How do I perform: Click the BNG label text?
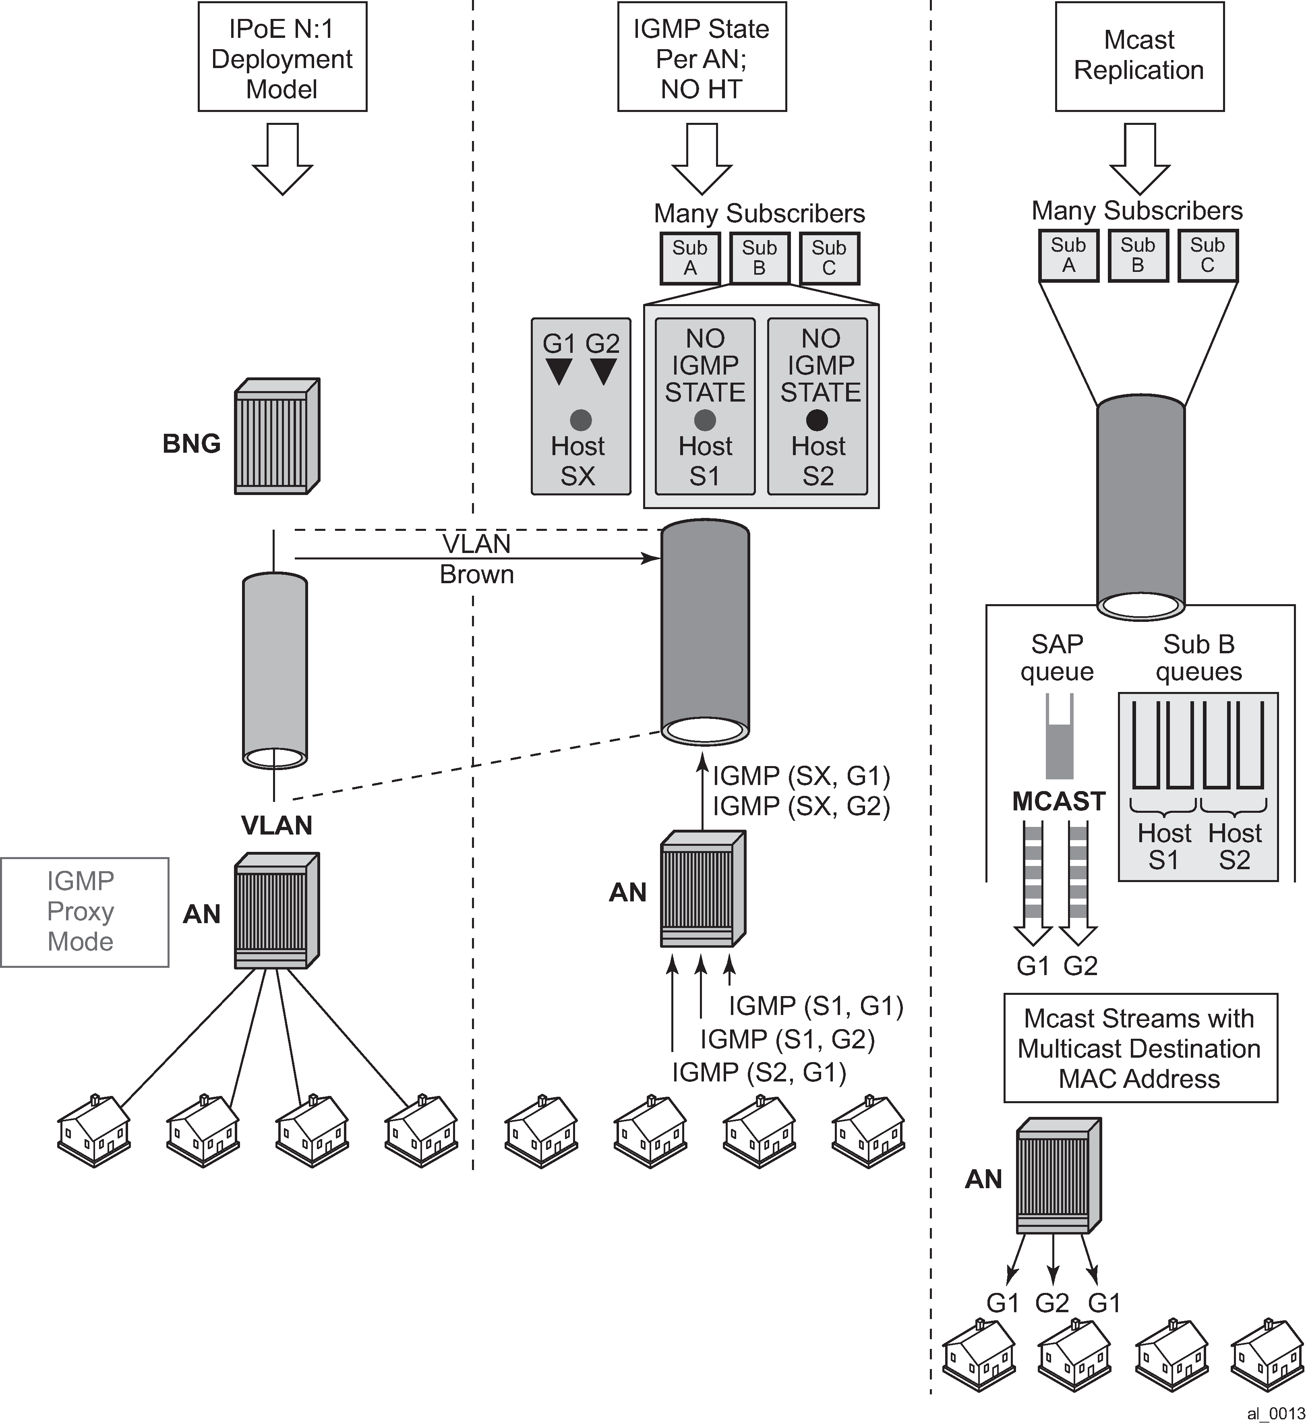192,444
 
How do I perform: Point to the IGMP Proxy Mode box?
84,912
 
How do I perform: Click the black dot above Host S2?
817,420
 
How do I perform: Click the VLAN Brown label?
476,559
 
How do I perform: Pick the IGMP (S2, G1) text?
759,1072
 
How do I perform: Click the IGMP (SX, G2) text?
801,806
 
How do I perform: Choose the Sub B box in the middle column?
759,258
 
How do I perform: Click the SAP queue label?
1057,657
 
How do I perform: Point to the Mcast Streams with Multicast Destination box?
1140,1048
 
